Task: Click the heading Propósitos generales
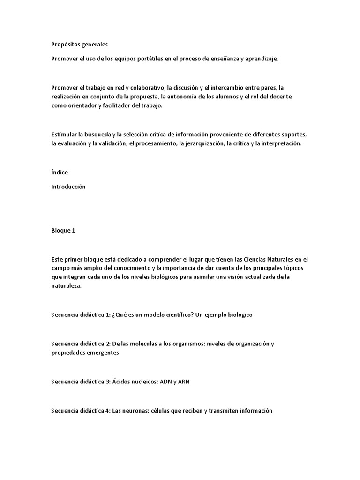point(79,45)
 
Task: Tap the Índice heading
point(60,172)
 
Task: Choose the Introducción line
point(68,187)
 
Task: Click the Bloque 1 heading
point(63,230)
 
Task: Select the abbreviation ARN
point(183,382)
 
